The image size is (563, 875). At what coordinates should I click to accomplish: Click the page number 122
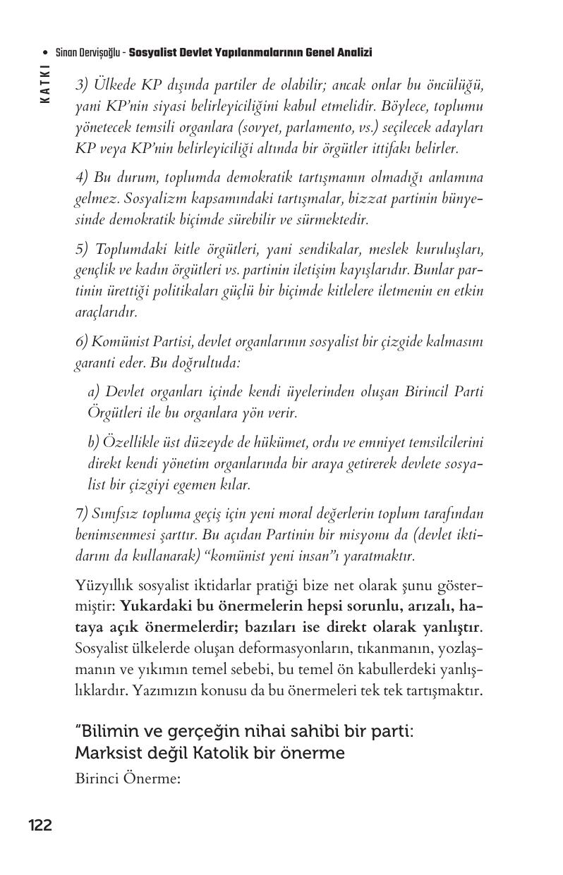(40, 825)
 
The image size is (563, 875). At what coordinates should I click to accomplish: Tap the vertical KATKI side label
(45, 84)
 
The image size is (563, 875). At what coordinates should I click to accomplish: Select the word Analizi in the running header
(354, 53)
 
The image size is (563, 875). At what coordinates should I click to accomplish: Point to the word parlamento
(315, 128)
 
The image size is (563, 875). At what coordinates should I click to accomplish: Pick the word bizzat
(367, 198)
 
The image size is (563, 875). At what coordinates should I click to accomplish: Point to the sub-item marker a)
(95, 391)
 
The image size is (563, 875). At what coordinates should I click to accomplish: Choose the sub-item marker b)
(95, 443)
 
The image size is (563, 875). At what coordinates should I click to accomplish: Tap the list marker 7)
(83, 514)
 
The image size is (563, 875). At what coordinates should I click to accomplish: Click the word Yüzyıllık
(104, 585)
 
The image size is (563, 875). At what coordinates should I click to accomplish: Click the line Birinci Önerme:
(128, 779)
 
